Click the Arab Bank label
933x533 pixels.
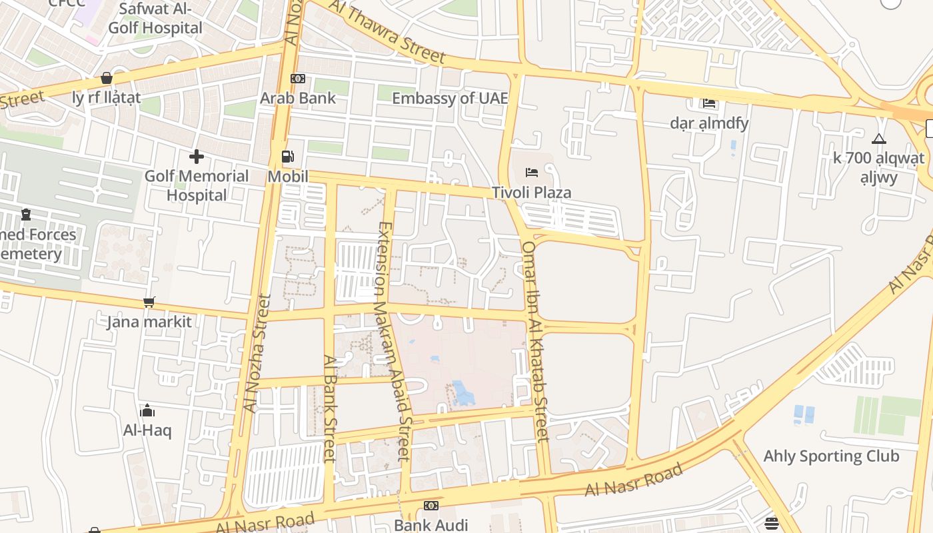[x=298, y=98]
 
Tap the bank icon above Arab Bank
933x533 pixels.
[x=298, y=79]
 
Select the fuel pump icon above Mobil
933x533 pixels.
[x=288, y=157]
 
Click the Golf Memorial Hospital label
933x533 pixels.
[x=197, y=185]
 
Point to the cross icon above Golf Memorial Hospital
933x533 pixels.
[x=197, y=157]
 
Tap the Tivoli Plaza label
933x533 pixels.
[x=531, y=193]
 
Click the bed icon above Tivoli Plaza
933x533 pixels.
[x=531, y=173]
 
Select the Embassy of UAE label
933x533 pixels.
[x=450, y=99]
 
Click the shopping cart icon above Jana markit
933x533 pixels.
[x=149, y=302]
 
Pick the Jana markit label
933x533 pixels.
[x=149, y=322]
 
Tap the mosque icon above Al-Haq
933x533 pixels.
[x=147, y=410]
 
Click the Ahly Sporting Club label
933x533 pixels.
[x=831, y=456]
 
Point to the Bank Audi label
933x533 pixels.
[x=431, y=525]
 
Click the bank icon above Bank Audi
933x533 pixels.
[x=431, y=506]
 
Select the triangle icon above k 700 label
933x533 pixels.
[x=879, y=139]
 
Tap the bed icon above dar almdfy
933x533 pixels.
[x=709, y=103]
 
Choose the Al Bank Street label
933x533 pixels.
[x=329, y=408]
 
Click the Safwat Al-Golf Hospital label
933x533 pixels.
[x=155, y=18]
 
